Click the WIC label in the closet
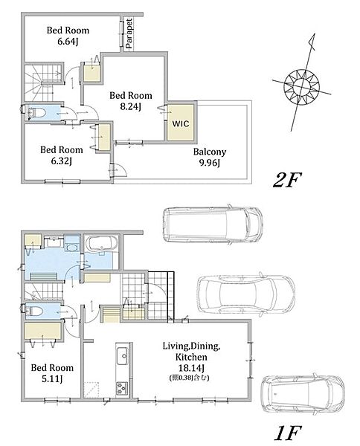pyautogui.click(x=181, y=123)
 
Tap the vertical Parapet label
pyautogui.click(x=129, y=33)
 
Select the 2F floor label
pyautogui.click(x=287, y=180)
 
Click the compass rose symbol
pyautogui.click(x=302, y=85)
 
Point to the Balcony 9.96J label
pyautogui.click(x=210, y=157)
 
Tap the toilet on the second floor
pyautogui.click(x=37, y=113)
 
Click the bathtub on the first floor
pyautogui.click(x=102, y=244)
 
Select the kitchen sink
pyautogui.click(x=123, y=355)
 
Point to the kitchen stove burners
pyautogui.click(x=123, y=388)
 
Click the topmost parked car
pyautogui.click(x=212, y=224)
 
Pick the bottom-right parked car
pyautogui.click(x=303, y=394)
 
